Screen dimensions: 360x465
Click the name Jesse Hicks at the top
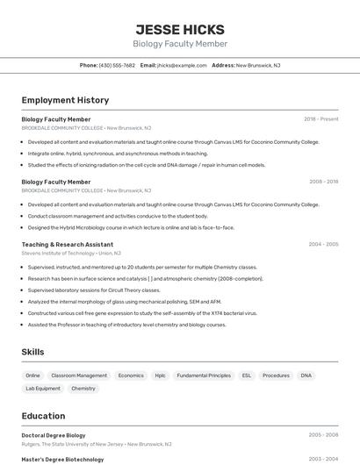[180, 29]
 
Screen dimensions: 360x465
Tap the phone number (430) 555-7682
[117, 65]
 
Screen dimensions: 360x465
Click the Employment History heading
[65, 100]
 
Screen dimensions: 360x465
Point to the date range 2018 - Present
[321, 118]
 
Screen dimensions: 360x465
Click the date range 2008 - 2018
[323, 182]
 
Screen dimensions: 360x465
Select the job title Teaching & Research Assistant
[68, 245]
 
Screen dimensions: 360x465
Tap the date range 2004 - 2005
[323, 245]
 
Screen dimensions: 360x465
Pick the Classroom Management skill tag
[79, 376]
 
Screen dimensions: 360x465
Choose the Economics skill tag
[131, 376]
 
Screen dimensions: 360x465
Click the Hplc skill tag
[160, 376]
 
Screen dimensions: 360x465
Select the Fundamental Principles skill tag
[204, 376]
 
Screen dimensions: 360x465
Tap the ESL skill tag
[247, 376]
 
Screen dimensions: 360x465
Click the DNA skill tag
[306, 376]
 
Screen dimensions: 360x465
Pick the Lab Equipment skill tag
[43, 389]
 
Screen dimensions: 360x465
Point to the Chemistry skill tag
[83, 389]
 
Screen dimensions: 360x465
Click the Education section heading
[43, 416]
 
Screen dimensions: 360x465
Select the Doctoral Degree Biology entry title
[54, 434]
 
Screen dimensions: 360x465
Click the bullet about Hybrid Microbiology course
[131, 227]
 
